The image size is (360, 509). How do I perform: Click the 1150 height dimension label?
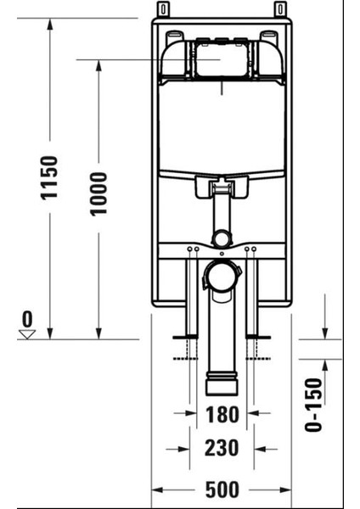tap(50, 177)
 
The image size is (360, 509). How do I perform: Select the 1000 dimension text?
tap(100, 193)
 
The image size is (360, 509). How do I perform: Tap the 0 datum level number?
tap(28, 319)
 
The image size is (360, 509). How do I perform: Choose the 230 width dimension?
tap(221, 447)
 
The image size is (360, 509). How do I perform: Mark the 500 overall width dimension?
tap(221, 490)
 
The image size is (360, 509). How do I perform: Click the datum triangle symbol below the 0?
tap(27, 334)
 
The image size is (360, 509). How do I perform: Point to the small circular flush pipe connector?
tap(221, 238)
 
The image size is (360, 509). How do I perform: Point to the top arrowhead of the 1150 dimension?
tap(50, 22)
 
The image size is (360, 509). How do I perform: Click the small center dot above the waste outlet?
tap(221, 252)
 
